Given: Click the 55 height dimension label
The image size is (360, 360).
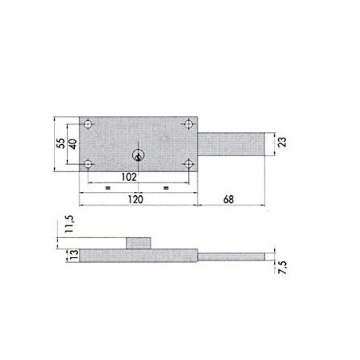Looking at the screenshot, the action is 61,143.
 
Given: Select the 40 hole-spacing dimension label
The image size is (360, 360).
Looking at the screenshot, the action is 73,143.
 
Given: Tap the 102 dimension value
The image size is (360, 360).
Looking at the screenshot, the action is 129,177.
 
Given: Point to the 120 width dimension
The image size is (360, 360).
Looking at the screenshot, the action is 135,199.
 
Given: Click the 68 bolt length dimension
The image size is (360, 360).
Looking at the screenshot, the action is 229,199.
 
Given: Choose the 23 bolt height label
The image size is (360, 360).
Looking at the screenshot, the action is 283,142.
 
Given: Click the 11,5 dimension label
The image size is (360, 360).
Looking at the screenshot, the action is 69,224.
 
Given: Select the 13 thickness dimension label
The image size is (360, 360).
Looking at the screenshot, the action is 75,255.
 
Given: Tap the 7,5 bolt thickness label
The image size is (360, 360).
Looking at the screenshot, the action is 283,268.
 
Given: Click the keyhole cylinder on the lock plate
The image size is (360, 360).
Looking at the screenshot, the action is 138,155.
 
